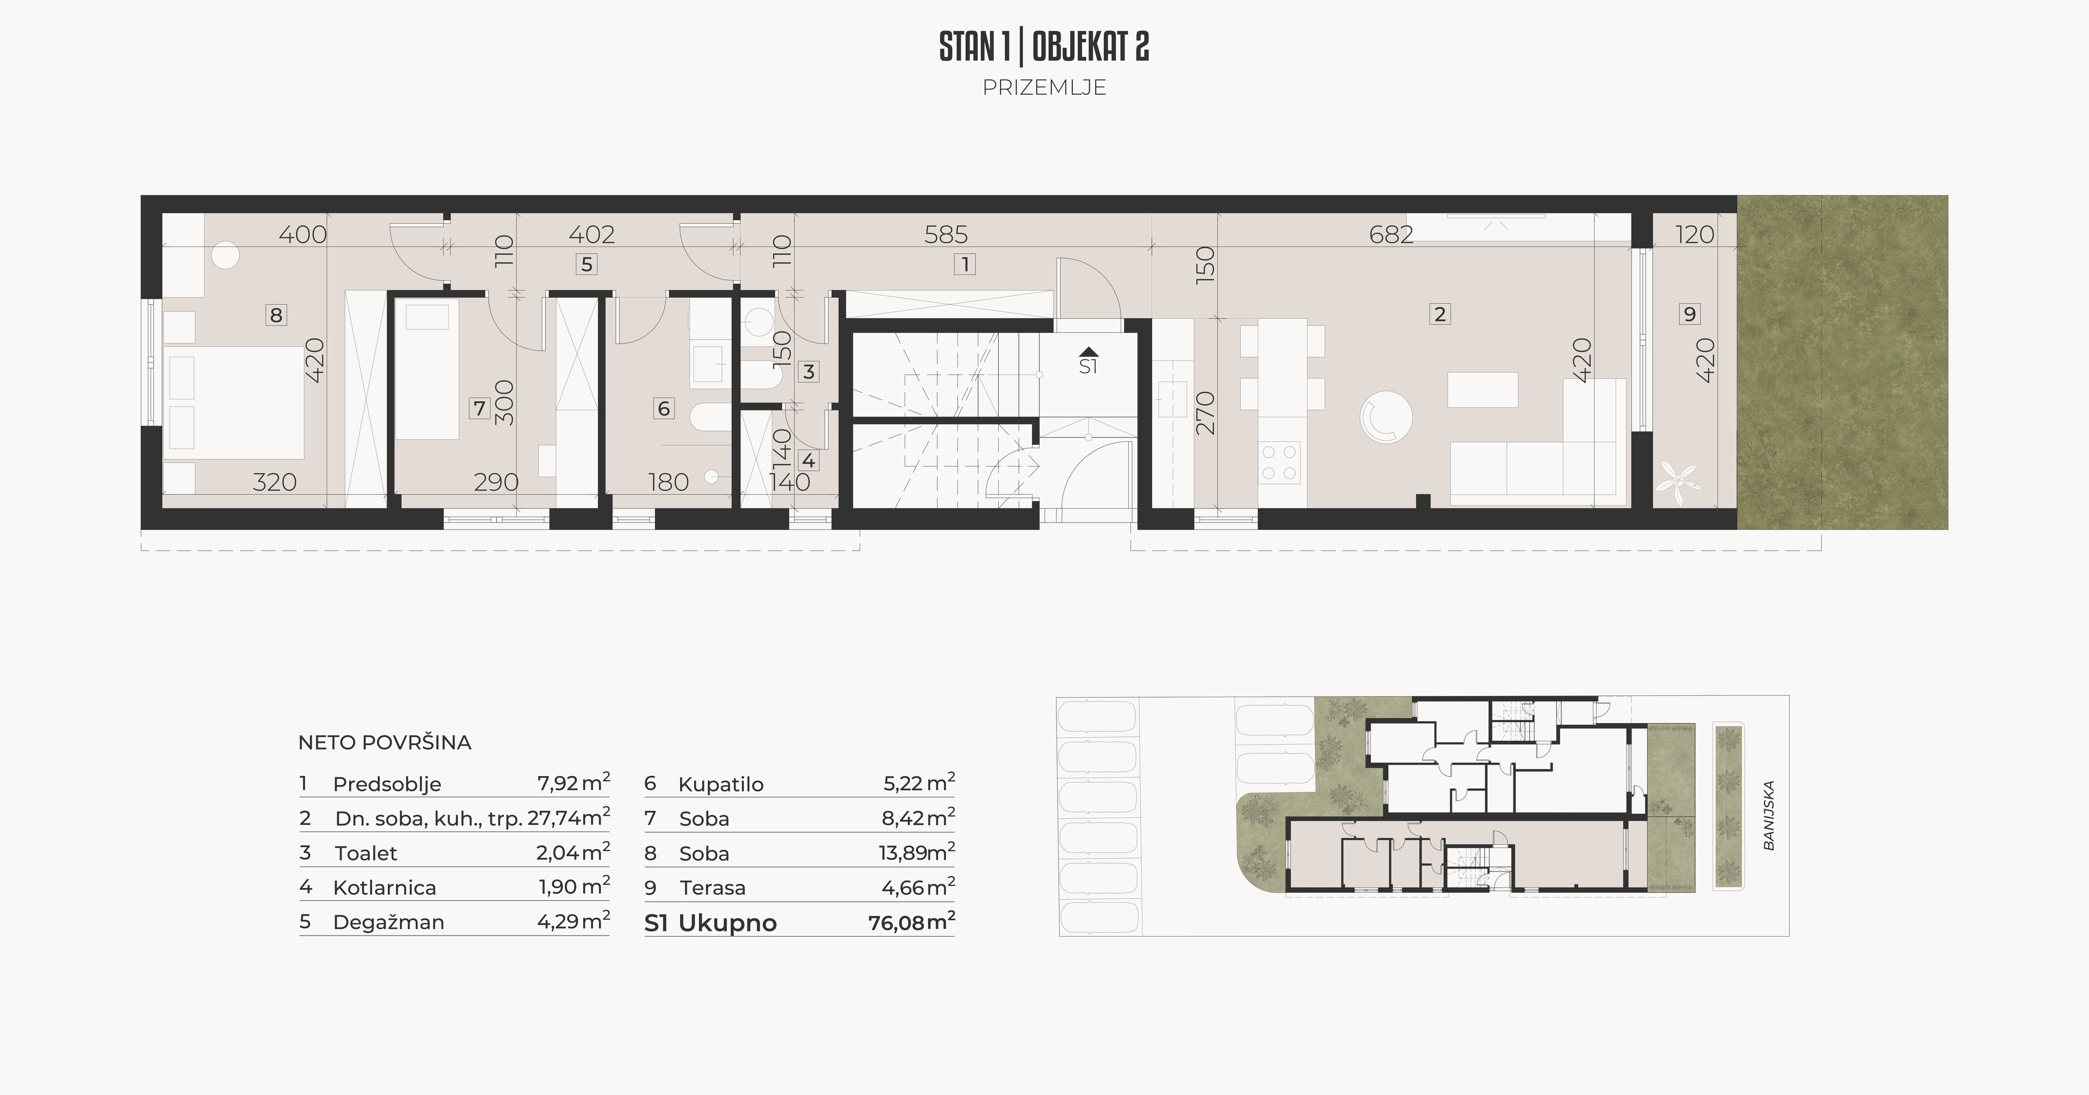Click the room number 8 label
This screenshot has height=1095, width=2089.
coord(276,315)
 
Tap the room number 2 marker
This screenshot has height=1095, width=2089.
coord(1439,314)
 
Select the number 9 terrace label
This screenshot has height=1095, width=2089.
coord(1689,314)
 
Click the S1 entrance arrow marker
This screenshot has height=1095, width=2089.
coord(1088,352)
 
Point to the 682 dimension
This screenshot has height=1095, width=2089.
coord(1391,235)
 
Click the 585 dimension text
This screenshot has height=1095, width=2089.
coord(947,235)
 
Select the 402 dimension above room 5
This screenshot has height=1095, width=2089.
coord(591,235)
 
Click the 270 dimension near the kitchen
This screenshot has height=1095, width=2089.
coord(1206,413)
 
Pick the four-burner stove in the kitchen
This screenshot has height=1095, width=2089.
coord(1279,463)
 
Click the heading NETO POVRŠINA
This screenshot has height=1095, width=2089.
coord(385,742)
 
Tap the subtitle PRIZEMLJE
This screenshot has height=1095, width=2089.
coord(1044,88)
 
